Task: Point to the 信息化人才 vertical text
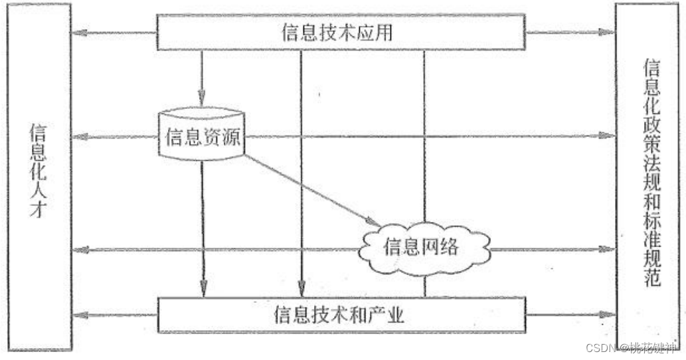(38, 171)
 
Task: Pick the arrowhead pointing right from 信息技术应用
(607, 32)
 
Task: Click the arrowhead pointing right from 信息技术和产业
(607, 314)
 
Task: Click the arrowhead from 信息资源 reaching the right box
(607, 135)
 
